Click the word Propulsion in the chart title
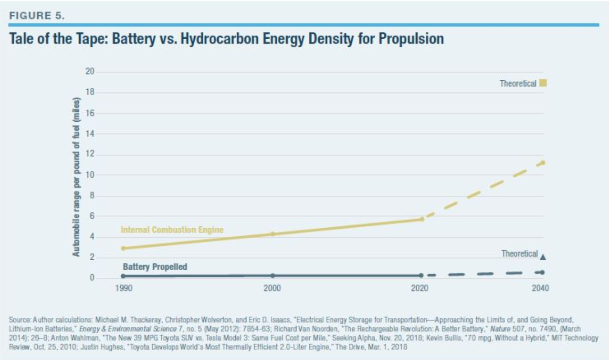click(411, 39)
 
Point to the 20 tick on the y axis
click(90, 72)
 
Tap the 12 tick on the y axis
click(90, 154)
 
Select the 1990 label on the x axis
click(124, 288)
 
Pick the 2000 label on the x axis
click(273, 288)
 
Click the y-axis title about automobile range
click(76, 178)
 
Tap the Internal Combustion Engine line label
click(172, 230)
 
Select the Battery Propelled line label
click(155, 267)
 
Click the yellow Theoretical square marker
click(543, 84)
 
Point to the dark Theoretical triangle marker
click(543, 256)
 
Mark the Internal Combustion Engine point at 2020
click(421, 219)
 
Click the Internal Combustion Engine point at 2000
click(273, 234)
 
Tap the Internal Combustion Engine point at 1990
click(124, 248)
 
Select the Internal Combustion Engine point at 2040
click(542, 163)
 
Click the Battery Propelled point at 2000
click(273, 275)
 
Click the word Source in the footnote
click(18, 318)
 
